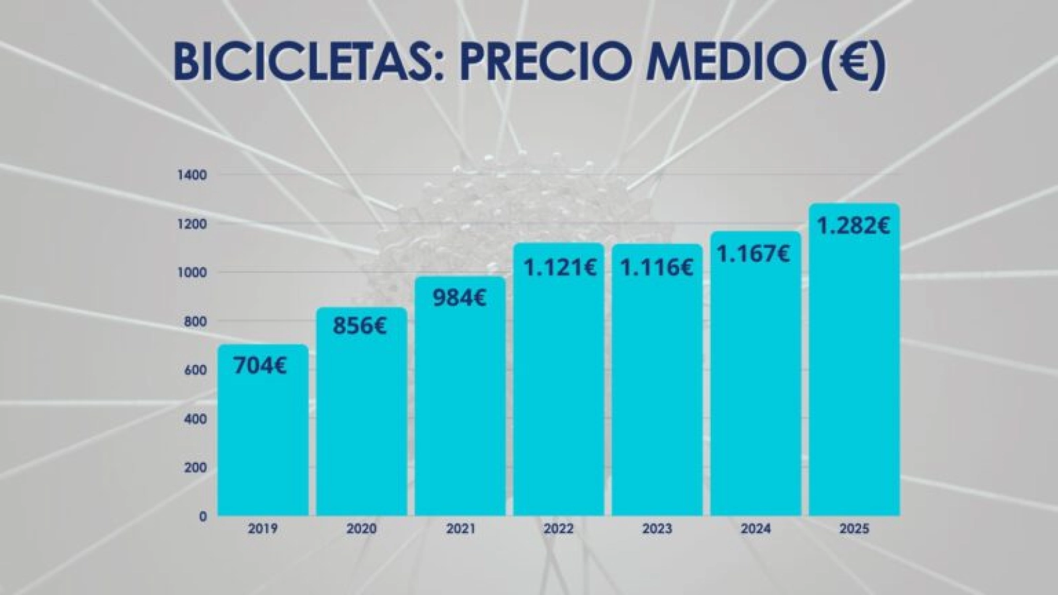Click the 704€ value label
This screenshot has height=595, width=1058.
[x=260, y=366]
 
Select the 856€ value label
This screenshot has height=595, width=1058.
[x=360, y=326]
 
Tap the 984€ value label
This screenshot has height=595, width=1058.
[x=460, y=297]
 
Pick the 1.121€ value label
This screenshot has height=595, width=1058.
[x=560, y=268]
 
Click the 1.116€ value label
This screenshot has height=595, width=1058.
[x=656, y=268]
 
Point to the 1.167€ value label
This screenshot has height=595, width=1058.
[x=754, y=254]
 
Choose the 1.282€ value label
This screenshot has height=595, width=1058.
[x=853, y=226]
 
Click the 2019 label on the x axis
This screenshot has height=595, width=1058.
[x=263, y=529]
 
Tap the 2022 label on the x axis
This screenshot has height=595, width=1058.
[x=558, y=529]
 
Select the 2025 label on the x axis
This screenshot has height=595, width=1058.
[x=854, y=529]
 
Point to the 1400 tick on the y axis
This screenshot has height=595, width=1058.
[x=192, y=175]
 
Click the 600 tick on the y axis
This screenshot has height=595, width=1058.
[x=196, y=370]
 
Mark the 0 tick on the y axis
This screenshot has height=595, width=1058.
[x=203, y=516]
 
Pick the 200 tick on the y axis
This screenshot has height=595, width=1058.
[x=196, y=467]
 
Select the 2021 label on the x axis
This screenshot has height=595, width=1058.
[x=460, y=529]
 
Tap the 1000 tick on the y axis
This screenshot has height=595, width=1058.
[x=192, y=272]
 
